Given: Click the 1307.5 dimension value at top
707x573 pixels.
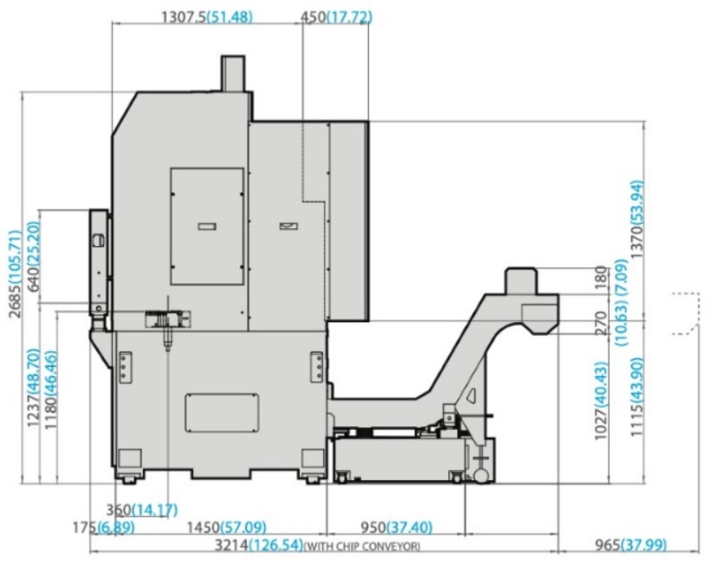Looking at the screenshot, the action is [184, 17].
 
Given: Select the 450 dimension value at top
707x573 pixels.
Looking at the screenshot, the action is [313, 17].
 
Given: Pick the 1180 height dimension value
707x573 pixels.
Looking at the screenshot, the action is [51, 413].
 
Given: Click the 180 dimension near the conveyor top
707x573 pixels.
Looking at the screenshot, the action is [601, 278].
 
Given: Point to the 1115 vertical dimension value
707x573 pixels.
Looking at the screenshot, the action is [636, 421].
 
